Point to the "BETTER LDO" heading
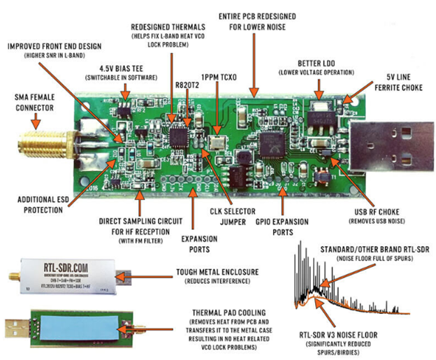coord(320,61)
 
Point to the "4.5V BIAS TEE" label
coord(115,67)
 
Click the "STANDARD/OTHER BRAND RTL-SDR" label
coord(375,249)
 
